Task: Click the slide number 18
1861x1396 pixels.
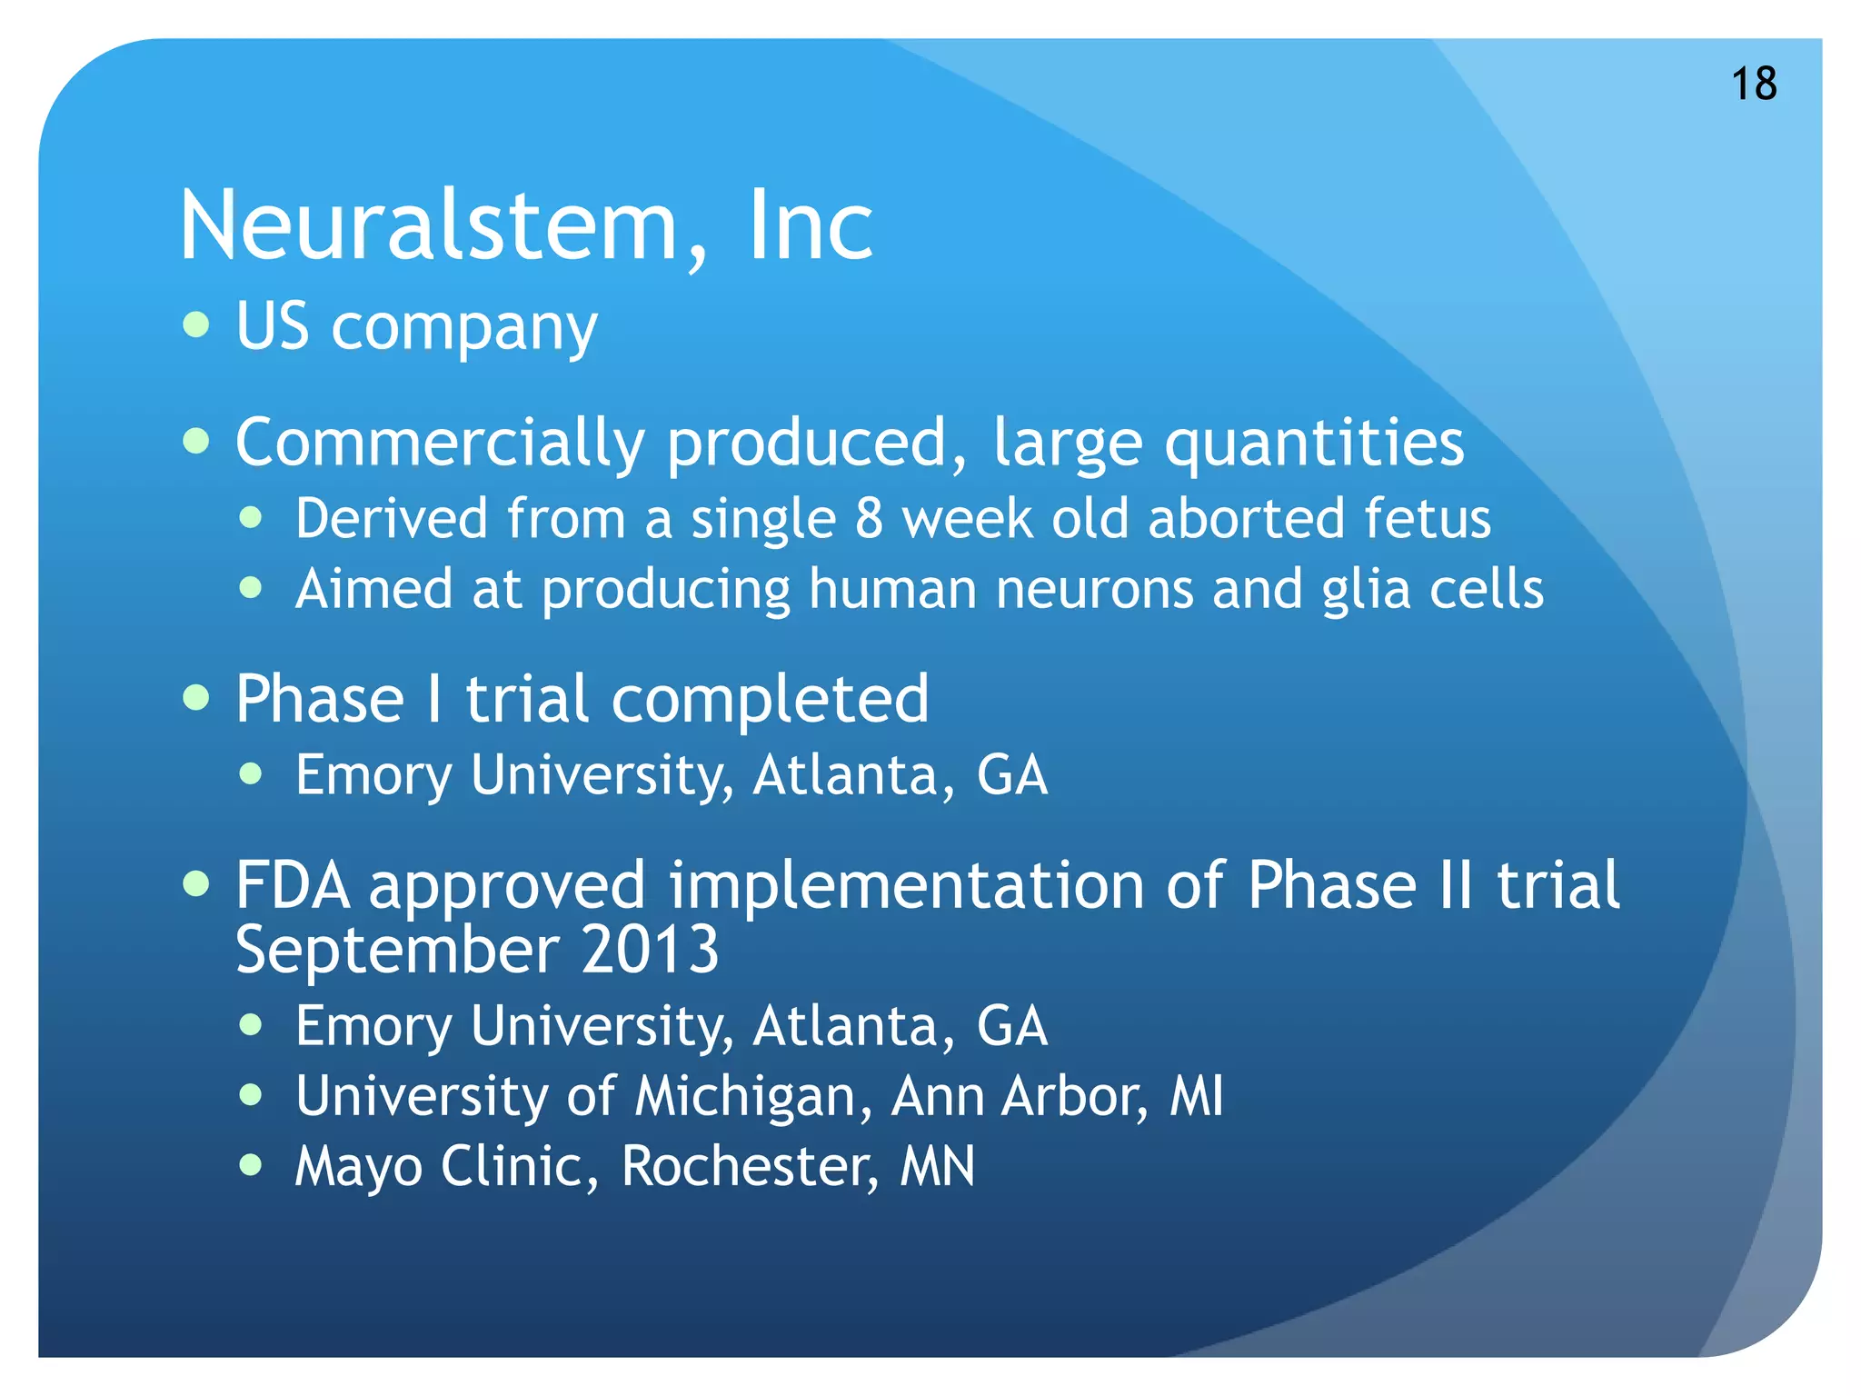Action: [x=1754, y=85]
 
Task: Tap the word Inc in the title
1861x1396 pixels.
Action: [x=810, y=225]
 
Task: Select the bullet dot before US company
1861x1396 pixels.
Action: [x=196, y=324]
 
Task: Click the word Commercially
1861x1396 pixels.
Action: [x=440, y=444]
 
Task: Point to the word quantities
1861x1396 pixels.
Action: [x=1314, y=444]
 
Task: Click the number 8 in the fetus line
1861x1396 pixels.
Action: [x=869, y=519]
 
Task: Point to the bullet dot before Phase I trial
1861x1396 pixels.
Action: [x=196, y=698]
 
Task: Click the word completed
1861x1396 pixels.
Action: [x=770, y=700]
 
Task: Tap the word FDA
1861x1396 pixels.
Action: [x=293, y=885]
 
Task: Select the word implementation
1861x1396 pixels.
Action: [x=907, y=885]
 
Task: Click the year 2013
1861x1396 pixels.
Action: [x=650, y=951]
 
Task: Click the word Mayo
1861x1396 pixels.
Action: [x=358, y=1167]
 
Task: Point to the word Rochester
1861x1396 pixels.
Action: [x=750, y=1166]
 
